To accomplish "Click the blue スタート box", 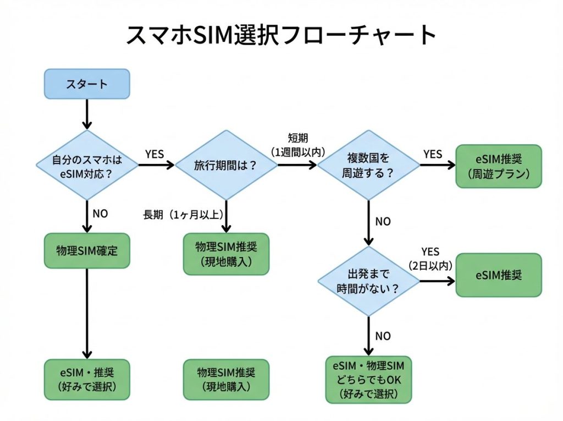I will tap(87, 84).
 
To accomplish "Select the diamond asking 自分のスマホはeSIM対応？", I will tap(87, 165).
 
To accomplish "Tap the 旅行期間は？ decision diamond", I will tap(226, 165).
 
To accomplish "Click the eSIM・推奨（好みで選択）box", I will tap(87, 379).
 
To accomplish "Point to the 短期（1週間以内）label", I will tap(297, 144).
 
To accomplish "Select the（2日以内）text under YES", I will tap(430, 265).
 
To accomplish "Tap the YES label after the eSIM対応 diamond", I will tap(154, 154).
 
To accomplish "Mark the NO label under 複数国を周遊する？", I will tap(383, 221).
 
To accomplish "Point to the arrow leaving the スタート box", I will tap(87, 114).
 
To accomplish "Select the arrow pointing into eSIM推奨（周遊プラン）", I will tap(437, 165).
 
